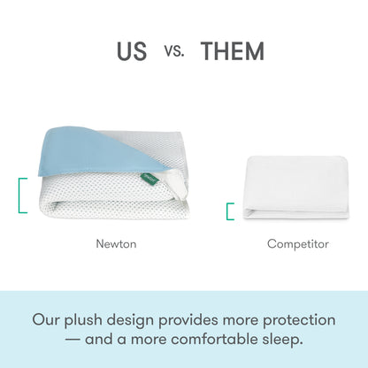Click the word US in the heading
[x=132, y=50]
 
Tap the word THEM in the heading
[x=232, y=50]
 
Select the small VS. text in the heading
[x=174, y=51]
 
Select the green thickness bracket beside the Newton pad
[x=23, y=195]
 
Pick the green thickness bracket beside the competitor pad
[x=230, y=211]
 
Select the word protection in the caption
[x=294, y=318]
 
